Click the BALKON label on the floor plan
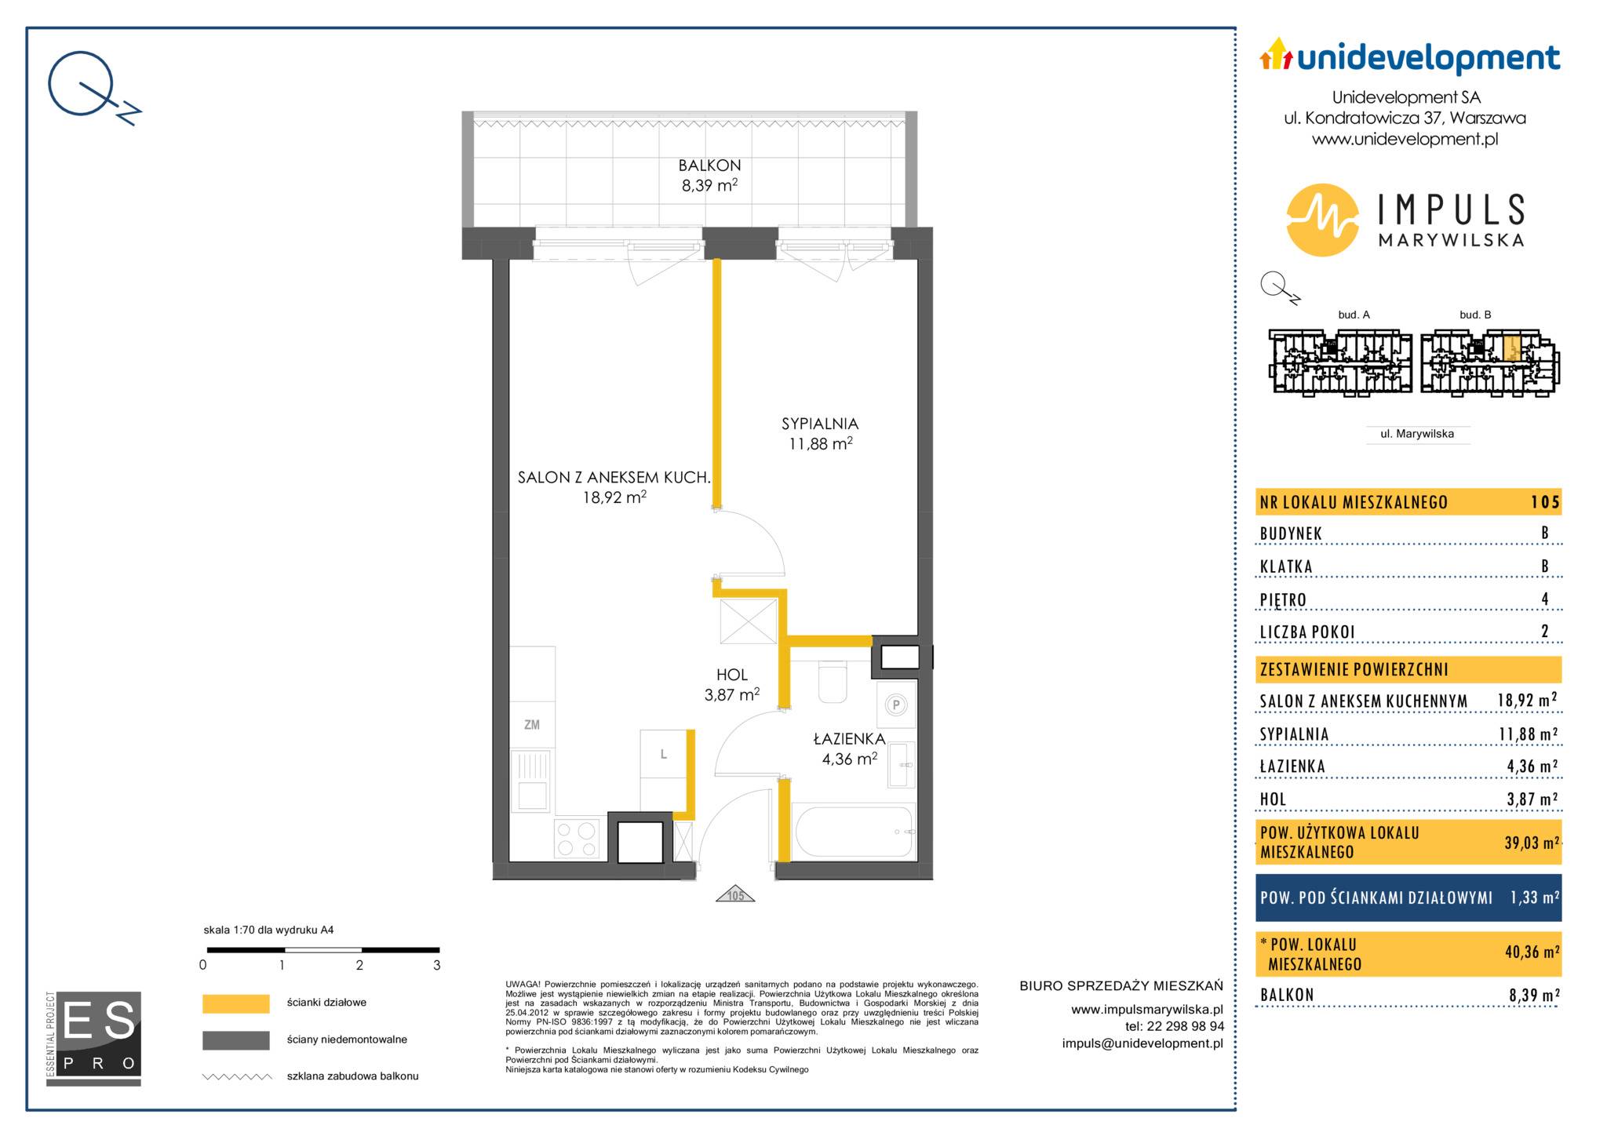[x=709, y=166]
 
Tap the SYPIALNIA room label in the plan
[x=820, y=424]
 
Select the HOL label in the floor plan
[x=732, y=675]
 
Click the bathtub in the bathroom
[x=854, y=832]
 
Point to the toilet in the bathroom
[x=833, y=682]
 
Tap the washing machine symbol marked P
[x=895, y=705]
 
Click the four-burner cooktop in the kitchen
[x=577, y=839]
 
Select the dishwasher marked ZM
[x=532, y=725]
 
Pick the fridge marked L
[x=664, y=754]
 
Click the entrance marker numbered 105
[x=735, y=894]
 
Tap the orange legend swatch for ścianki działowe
[x=236, y=1003]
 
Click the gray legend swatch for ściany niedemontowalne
[x=236, y=1040]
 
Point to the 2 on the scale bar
[x=359, y=966]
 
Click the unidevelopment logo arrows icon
[x=1276, y=54]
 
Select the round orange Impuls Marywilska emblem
[x=1322, y=220]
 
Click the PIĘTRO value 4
[x=1544, y=599]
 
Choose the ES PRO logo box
[x=93, y=1038]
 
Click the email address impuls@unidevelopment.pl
[x=1142, y=1043]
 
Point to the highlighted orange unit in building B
[x=1513, y=348]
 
